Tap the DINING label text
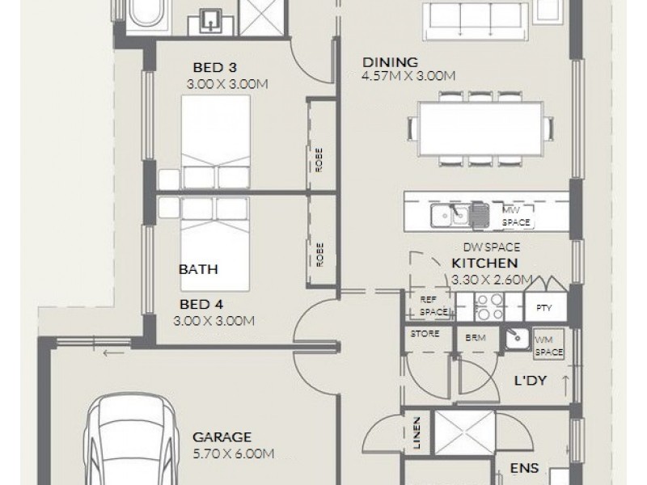coord(390,61)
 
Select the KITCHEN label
coord(484,264)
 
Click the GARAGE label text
coord(222,436)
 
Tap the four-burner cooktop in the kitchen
coord(488,308)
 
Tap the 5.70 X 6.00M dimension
coord(232,453)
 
